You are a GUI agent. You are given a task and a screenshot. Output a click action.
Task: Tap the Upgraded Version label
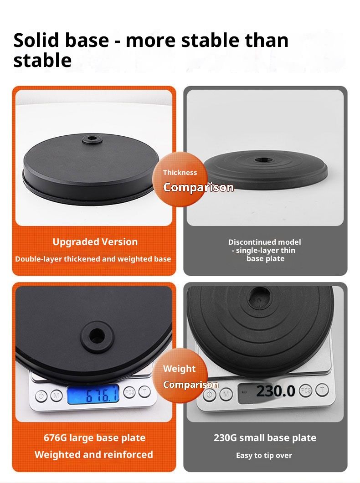[x=95, y=242]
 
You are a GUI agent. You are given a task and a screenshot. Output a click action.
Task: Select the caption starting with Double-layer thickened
[x=93, y=259]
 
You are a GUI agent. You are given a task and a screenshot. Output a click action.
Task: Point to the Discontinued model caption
[x=265, y=250]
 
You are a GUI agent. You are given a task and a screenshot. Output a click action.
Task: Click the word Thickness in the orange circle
[x=180, y=173]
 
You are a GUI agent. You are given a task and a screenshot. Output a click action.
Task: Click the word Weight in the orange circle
[x=179, y=369]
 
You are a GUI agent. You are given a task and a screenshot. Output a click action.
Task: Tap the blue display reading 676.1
[x=93, y=395]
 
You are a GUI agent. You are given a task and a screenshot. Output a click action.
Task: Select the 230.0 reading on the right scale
[x=275, y=391]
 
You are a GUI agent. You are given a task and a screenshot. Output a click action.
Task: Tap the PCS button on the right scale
[x=305, y=391]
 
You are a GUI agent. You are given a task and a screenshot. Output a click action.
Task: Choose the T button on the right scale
[x=322, y=390]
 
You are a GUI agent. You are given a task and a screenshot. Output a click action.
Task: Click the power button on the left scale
[x=41, y=395]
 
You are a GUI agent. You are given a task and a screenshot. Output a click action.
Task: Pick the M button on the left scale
[x=56, y=395]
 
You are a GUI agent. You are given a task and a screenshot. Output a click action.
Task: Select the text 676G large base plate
[x=95, y=438]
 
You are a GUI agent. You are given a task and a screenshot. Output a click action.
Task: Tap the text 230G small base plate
[x=265, y=438]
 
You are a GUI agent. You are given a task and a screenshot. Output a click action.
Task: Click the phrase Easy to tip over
[x=264, y=455]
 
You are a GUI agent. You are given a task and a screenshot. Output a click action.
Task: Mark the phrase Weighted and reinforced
[x=94, y=454]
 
